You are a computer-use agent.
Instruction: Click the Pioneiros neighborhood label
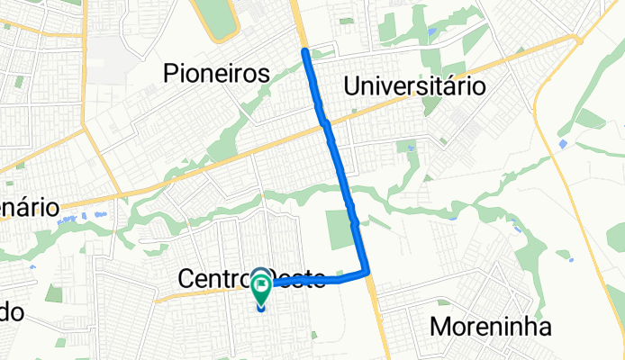pos(218,75)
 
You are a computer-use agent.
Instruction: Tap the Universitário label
pos(415,85)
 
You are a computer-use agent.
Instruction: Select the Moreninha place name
pos(491,327)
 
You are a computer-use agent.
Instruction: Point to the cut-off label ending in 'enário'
pos(29,208)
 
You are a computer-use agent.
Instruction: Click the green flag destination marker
pos(262,288)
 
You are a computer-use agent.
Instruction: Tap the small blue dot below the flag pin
pos(262,307)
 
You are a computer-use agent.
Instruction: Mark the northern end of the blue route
pos(305,50)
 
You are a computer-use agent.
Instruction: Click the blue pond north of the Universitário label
pos(431,33)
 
